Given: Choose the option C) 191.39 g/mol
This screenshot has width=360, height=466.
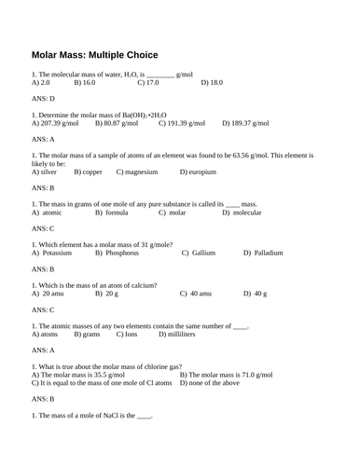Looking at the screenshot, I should [186, 122].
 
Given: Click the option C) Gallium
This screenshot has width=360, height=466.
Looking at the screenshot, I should [199, 253].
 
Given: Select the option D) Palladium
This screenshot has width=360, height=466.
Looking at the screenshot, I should [263, 253].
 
